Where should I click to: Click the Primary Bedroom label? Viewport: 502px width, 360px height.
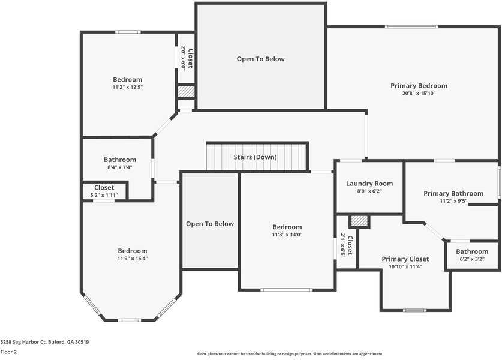[x=419, y=86]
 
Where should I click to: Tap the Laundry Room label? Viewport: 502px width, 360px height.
[x=369, y=184]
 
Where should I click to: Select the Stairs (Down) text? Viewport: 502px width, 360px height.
[x=255, y=157]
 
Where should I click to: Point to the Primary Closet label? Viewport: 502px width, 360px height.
[x=405, y=259]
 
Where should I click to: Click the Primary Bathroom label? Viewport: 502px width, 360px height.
[x=453, y=193]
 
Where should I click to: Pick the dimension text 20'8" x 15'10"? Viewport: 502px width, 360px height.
[x=419, y=94]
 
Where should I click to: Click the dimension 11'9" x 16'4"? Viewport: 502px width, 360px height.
[x=132, y=259]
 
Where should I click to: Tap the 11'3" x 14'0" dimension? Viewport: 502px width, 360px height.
[x=287, y=235]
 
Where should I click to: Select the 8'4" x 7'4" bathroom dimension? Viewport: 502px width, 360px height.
[x=119, y=167]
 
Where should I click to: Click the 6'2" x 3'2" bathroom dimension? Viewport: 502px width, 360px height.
[x=471, y=259]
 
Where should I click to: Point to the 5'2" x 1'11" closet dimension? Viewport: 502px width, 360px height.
[x=104, y=195]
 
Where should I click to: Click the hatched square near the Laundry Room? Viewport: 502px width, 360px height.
[x=359, y=221]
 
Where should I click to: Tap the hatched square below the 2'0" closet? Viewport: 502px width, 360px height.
[x=186, y=92]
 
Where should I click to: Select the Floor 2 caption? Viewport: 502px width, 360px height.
[x=8, y=352]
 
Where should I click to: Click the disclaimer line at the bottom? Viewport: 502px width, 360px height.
[x=290, y=354]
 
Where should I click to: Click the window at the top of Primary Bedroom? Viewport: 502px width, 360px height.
[x=411, y=26]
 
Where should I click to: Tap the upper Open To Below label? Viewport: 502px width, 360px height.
[x=260, y=59]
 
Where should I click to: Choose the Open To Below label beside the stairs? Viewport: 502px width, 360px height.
[x=209, y=224]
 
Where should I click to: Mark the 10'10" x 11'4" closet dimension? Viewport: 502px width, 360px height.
[x=405, y=266]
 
